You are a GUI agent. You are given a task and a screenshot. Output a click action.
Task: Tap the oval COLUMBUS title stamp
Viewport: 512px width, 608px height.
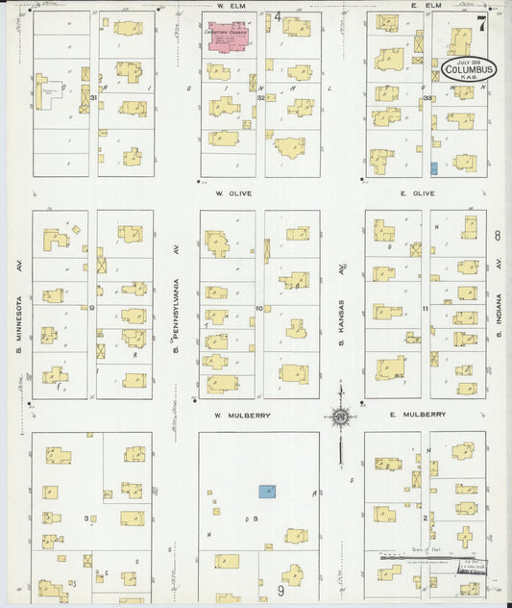[x=468, y=71]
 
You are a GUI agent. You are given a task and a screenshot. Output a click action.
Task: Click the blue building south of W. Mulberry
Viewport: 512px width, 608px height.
[x=266, y=491]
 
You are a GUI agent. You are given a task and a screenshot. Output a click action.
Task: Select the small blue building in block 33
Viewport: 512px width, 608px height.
[x=434, y=168]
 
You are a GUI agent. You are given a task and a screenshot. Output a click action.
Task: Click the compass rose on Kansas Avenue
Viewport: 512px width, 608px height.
[x=339, y=417]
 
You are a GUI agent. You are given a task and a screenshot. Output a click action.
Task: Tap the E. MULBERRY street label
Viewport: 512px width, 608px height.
[x=417, y=415]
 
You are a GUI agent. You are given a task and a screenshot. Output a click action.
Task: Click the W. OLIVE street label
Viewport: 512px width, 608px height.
[x=233, y=193]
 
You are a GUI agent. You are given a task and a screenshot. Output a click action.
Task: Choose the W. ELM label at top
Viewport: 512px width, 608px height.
[x=228, y=6]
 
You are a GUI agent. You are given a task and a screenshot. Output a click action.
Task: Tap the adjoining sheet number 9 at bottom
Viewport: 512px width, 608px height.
[x=281, y=591]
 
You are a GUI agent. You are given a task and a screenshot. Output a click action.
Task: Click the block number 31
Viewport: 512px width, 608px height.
[x=93, y=97]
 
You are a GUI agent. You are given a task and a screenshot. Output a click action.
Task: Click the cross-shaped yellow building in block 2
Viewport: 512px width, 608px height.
[x=466, y=536]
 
